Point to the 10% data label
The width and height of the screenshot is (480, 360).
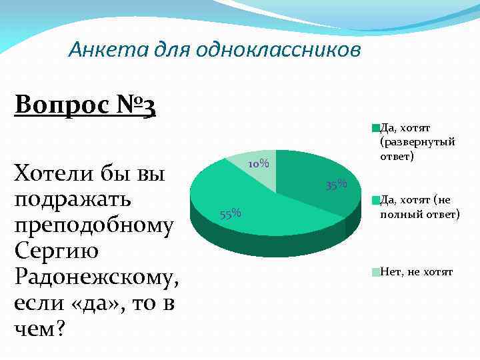coord(257,164)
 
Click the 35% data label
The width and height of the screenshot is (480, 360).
coord(337,184)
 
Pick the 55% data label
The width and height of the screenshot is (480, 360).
coord(230,213)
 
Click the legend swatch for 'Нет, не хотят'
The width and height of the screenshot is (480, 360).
coord(376,272)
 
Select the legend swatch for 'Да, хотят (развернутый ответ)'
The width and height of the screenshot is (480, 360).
coord(376,127)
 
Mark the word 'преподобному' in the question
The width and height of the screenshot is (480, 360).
coord(93,225)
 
